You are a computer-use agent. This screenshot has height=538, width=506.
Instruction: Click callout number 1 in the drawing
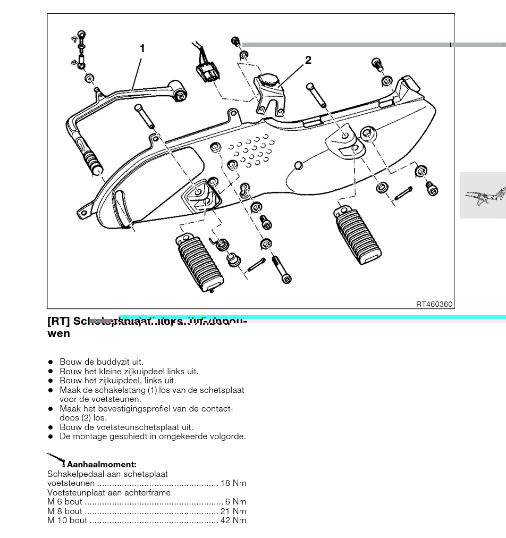[142, 48]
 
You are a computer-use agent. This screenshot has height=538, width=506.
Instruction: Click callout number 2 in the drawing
[308, 61]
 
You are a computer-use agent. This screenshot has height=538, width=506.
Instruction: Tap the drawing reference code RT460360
[434, 304]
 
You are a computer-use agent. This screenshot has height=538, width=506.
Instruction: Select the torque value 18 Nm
[233, 483]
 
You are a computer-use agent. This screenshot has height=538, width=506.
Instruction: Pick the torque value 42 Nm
[233, 520]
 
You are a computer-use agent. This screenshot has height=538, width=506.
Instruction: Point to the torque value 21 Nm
[233, 511]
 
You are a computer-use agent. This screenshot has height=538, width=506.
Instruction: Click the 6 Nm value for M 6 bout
[235, 502]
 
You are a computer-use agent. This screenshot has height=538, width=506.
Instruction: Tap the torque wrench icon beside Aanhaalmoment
[56, 458]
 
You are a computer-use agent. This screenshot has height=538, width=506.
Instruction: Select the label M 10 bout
[67, 520]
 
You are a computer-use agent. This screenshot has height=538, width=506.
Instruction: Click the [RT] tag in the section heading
[58, 322]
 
